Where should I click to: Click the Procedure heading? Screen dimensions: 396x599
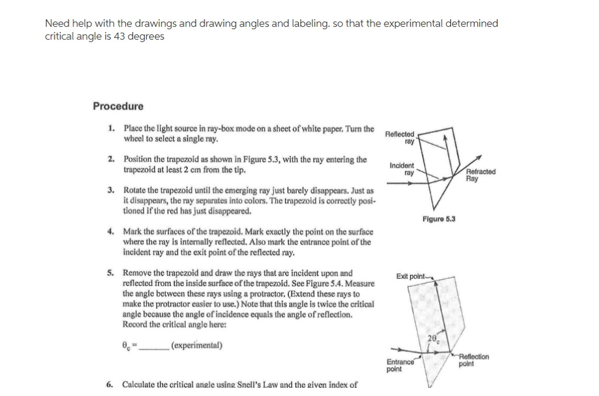[118, 106]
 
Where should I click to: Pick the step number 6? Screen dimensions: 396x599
[111, 384]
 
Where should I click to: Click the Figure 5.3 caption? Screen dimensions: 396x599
[439, 219]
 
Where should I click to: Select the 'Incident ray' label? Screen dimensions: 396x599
[402, 169]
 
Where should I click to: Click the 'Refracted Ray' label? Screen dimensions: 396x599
[481, 175]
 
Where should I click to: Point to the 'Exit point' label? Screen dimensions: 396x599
[411, 276]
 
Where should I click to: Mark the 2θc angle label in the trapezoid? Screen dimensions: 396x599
[433, 339]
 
